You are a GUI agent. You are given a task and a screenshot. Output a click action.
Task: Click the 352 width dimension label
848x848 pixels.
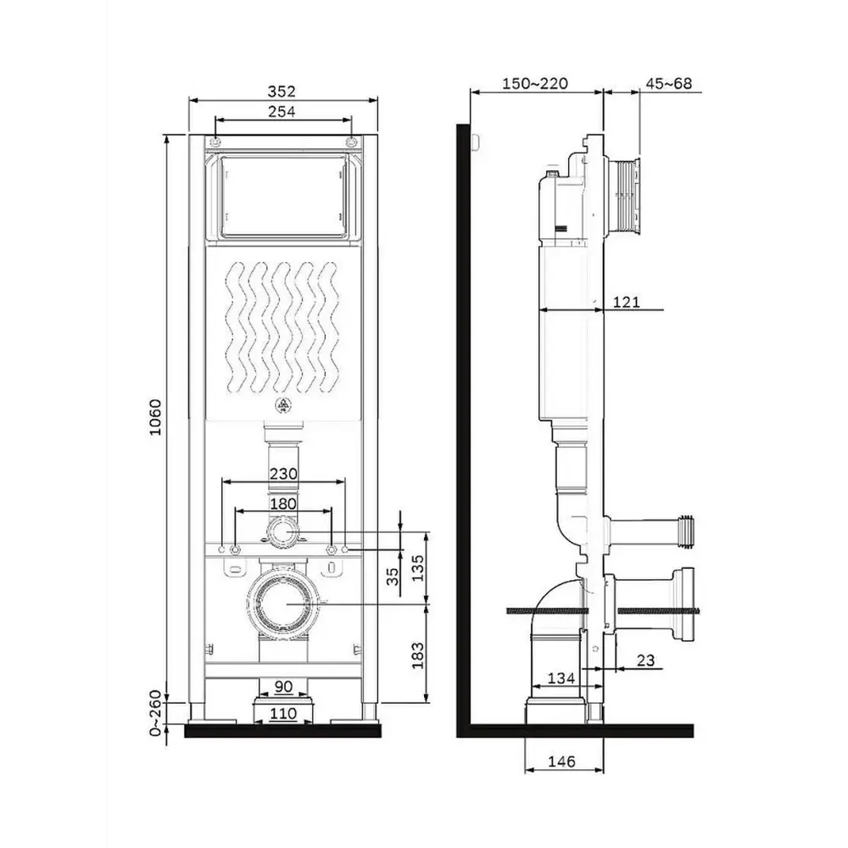click(282, 92)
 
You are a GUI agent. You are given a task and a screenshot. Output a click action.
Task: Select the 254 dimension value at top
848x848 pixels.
click(282, 111)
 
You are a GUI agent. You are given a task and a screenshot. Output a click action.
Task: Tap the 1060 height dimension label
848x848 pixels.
click(155, 417)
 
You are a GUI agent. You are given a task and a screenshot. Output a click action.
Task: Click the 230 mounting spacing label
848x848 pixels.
click(283, 474)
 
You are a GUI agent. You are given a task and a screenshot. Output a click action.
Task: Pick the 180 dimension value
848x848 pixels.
click(283, 504)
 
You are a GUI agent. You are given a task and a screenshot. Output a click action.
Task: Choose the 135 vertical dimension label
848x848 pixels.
click(418, 568)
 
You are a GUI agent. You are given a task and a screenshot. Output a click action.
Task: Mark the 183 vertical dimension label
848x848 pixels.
click(418, 655)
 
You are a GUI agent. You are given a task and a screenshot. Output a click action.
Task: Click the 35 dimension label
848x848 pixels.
click(393, 577)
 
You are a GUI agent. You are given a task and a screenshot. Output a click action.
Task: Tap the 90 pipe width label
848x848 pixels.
click(283, 686)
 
